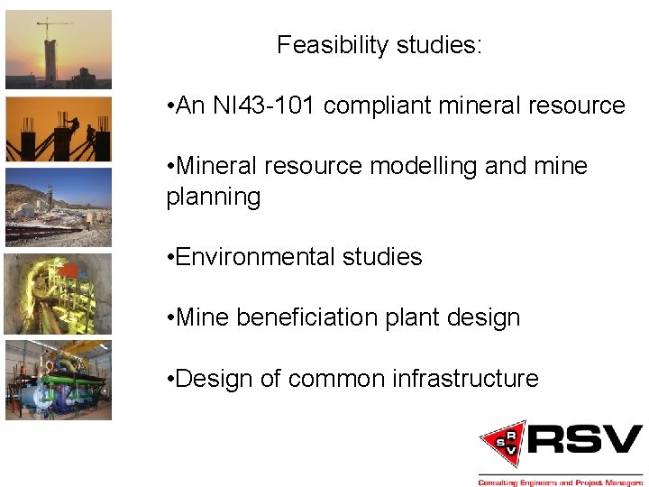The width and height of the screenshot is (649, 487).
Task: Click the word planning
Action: tap(213, 197)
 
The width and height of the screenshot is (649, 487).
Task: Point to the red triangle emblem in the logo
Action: tap(503, 443)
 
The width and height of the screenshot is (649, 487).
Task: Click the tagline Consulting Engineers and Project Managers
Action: tap(560, 481)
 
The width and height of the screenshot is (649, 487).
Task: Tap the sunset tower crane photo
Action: tap(59, 50)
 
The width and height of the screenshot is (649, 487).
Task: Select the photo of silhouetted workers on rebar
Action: tap(59, 129)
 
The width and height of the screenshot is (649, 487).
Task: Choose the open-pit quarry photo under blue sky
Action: tap(59, 207)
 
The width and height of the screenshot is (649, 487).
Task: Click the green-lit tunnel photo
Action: tap(59, 293)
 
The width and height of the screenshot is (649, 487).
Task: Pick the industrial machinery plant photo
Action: tap(59, 379)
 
